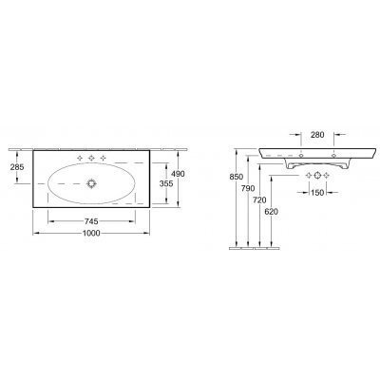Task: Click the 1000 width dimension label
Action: point(91,234)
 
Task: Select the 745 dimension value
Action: point(91,221)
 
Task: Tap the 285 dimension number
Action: point(17,167)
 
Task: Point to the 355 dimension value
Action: point(166,183)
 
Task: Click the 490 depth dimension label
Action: point(178,174)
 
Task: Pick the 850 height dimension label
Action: point(236,177)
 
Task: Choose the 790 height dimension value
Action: point(248,188)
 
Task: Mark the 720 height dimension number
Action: point(259,199)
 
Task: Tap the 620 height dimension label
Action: point(271,212)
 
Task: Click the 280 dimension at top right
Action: point(317,135)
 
